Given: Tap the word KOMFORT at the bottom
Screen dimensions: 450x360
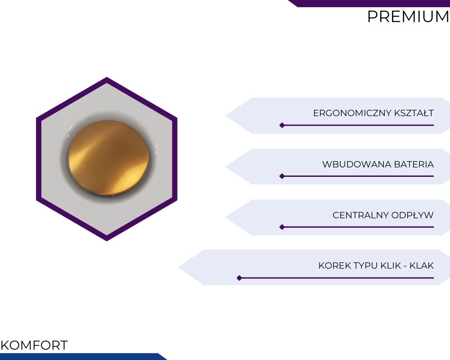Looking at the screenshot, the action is pos(34,345).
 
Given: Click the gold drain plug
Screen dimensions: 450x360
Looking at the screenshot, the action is pos(108,157).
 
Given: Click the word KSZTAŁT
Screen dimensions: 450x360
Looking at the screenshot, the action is pos(414,113).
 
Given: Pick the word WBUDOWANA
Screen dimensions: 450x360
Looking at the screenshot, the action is pos(357,165).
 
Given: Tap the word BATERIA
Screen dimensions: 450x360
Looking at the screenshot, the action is pos(414,165).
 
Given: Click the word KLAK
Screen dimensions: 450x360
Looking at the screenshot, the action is pos(422,265).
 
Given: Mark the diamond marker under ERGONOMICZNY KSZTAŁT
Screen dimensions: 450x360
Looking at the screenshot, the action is pos(282,125).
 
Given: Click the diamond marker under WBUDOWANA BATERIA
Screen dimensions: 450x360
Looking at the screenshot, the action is pos(282,176).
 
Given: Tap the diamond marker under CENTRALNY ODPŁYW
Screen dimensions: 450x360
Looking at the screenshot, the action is pos(282,227).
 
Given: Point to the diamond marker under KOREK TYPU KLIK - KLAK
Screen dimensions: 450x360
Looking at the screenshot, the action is pos(239,278).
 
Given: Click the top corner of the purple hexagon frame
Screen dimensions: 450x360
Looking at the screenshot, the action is pos(107,77).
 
